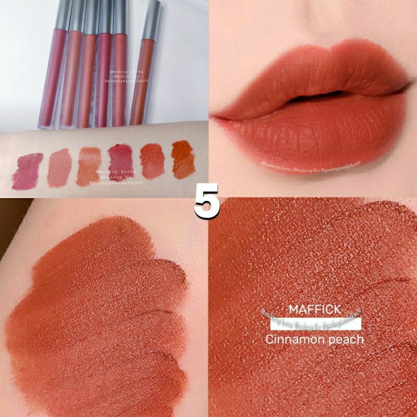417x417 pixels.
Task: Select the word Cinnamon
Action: pyautogui.click(x=293, y=339)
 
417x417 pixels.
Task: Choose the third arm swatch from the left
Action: pyautogui.click(x=89, y=166)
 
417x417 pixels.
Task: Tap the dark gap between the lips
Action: pyautogui.click(x=308, y=99)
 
